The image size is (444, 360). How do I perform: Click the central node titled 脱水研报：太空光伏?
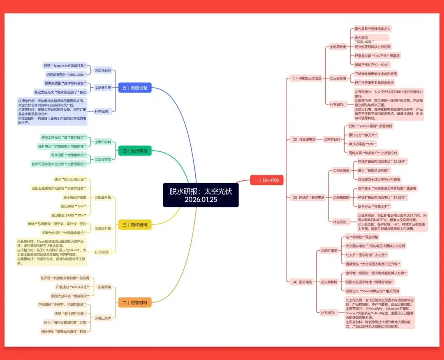201,195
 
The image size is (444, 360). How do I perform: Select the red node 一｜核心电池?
266,180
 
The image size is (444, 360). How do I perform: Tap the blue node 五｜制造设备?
134,87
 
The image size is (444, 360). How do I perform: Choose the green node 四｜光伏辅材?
134,151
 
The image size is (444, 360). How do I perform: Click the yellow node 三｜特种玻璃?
134,224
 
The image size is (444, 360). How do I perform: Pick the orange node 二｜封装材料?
134,303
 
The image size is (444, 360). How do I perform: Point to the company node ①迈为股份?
103,70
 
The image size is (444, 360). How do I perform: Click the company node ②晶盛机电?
103,87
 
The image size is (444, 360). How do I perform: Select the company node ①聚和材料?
103,142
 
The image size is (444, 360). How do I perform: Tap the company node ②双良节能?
103,159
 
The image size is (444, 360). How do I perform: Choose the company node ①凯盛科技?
103,197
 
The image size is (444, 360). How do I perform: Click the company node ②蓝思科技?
103,228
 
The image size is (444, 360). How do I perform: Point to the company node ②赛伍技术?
103,318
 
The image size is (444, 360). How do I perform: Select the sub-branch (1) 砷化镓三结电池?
306,78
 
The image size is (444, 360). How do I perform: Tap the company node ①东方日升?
332,139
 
